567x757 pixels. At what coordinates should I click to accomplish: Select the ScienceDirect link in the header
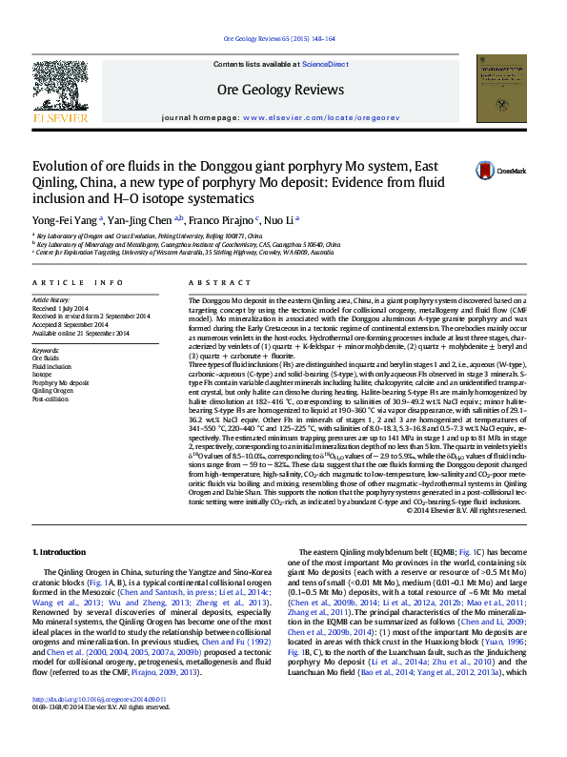click(325, 64)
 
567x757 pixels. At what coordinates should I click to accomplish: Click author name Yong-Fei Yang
click(64, 218)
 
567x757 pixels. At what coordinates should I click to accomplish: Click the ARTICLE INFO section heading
click(78, 284)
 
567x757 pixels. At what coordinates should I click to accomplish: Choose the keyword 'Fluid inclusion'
click(51, 366)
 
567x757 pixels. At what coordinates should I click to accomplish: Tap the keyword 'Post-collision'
click(51, 399)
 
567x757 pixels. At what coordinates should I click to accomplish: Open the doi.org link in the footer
click(100, 726)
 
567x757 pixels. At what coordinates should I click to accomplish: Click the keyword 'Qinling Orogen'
click(53, 391)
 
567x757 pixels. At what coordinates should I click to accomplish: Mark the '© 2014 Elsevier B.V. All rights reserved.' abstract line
click(466, 510)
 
